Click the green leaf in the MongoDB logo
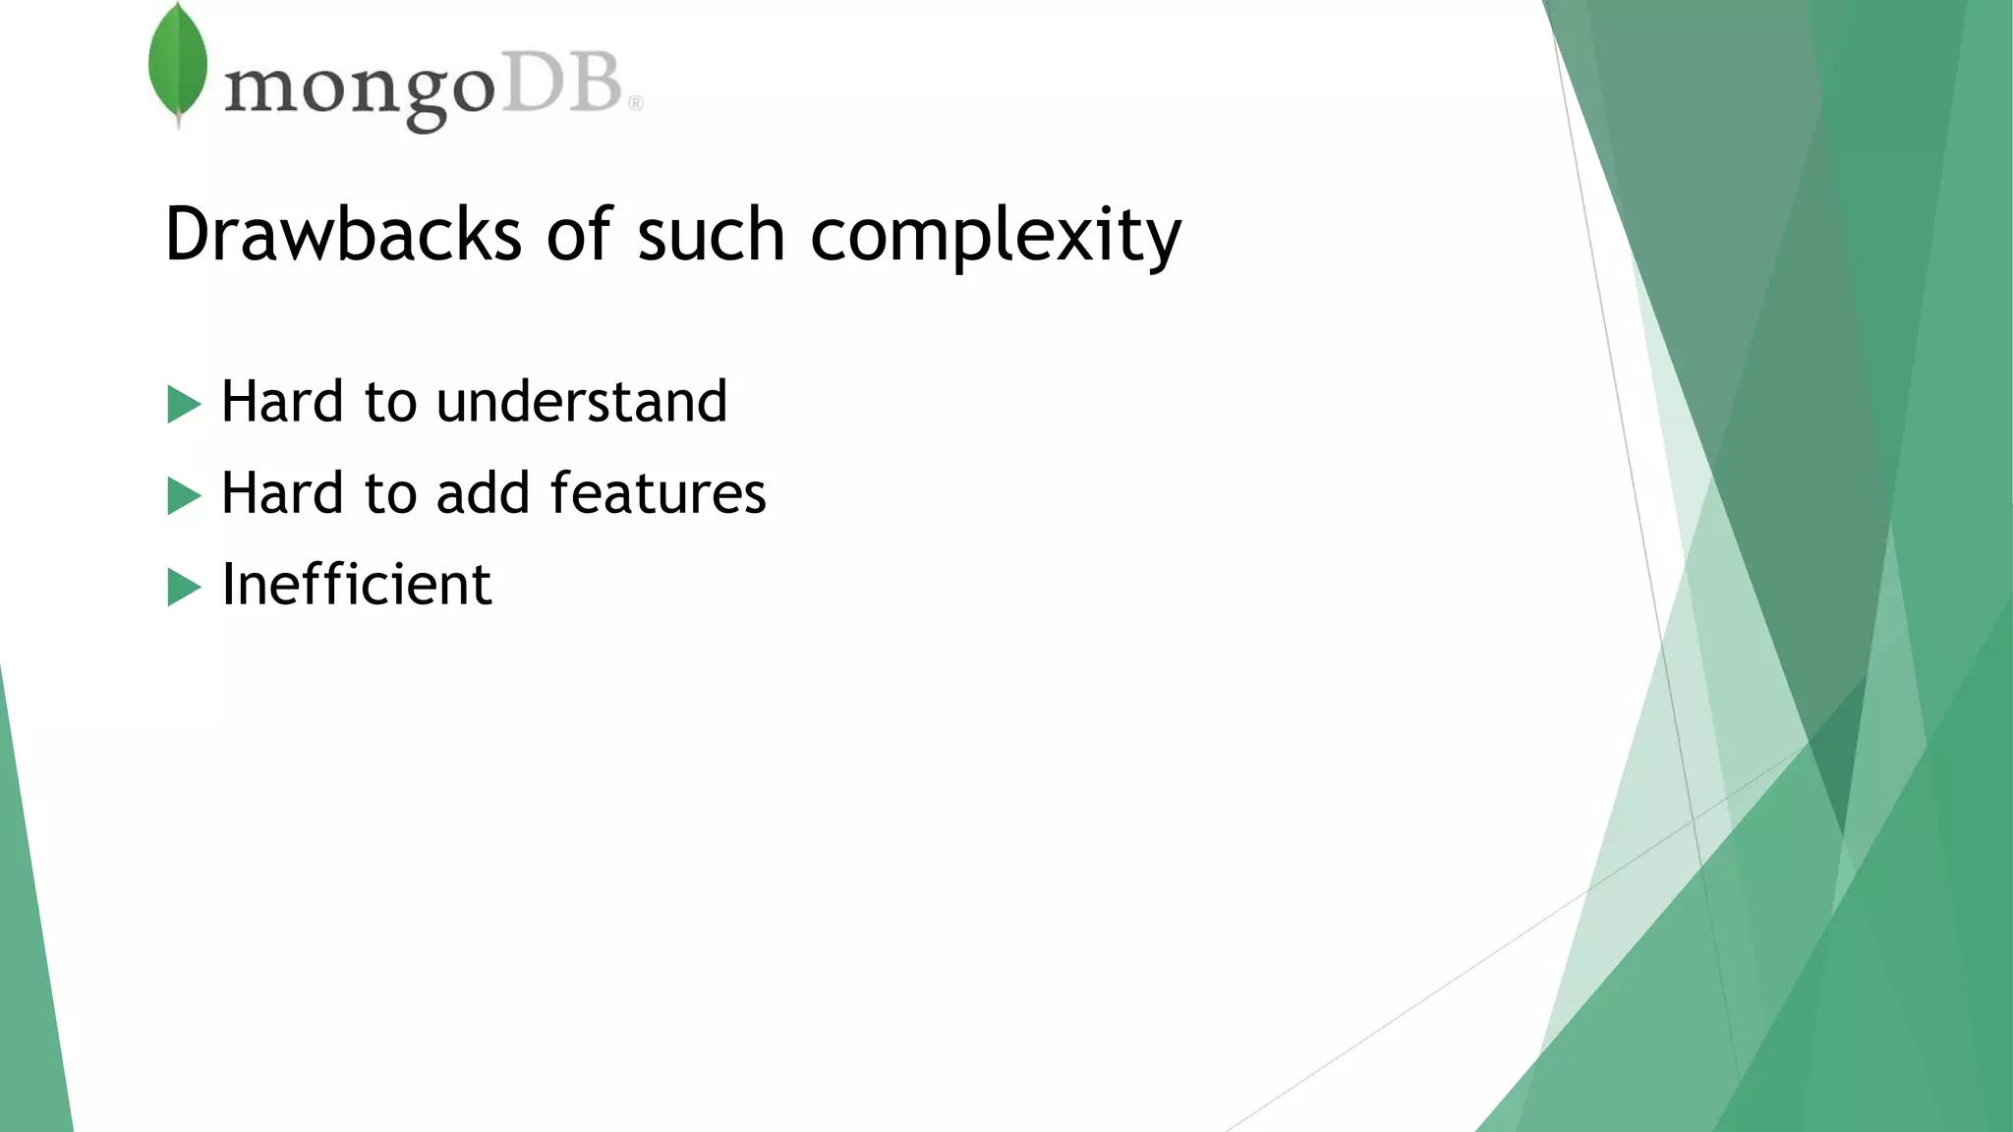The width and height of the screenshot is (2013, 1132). pos(178,64)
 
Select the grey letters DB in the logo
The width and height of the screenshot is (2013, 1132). pos(564,84)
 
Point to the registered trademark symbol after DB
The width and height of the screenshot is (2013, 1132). pos(636,103)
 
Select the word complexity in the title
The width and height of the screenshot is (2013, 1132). pos(996,236)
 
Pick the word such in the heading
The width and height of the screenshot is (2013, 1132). pos(711,236)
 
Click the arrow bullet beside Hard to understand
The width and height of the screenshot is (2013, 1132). pos(184,404)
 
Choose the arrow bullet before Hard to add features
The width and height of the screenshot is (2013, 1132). pos(184,495)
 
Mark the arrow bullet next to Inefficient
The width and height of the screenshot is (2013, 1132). pos(184,587)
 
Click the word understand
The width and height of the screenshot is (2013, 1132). pos(581,401)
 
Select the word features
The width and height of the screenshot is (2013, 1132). pos(658,492)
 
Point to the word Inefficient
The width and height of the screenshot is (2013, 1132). pos(357,584)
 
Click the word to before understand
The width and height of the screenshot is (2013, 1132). pos(390,403)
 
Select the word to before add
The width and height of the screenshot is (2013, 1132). pos(390,494)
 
